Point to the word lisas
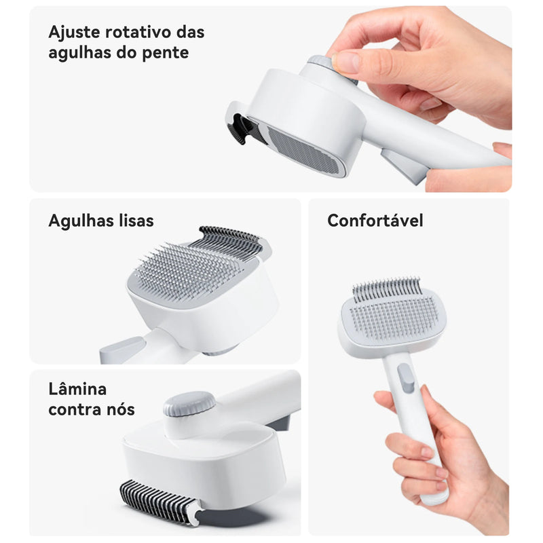[132, 221]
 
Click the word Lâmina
[77, 389]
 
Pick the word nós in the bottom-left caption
[119, 409]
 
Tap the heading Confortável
[375, 221]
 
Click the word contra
[73, 409]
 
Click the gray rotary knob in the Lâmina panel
[189, 405]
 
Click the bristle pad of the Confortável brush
[394, 317]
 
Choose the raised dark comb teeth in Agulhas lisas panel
[227, 239]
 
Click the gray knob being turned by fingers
[321, 62]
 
